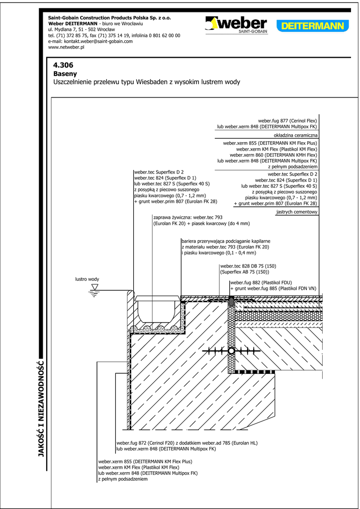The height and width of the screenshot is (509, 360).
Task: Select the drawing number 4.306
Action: click(x=63, y=65)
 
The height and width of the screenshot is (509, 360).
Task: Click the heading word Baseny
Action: click(x=65, y=74)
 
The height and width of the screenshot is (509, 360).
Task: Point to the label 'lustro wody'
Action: click(x=87, y=279)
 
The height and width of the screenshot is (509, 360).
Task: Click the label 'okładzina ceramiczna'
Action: click(x=295, y=135)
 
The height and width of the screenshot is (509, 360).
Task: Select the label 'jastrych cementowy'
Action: click(x=296, y=212)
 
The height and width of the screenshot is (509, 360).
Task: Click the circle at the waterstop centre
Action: click(x=231, y=351)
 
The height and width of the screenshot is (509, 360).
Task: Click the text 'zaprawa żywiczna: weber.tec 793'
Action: click(x=188, y=218)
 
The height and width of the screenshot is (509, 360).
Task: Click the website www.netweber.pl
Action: click(x=67, y=48)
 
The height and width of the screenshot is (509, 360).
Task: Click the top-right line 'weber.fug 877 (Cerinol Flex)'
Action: click(x=287, y=121)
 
